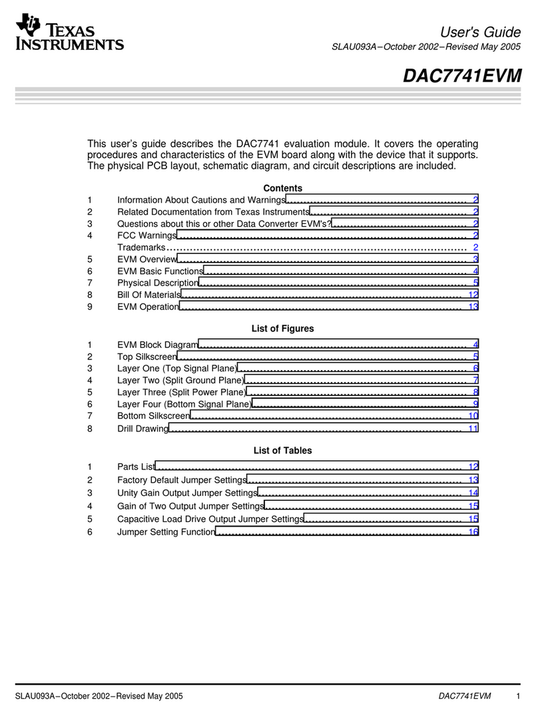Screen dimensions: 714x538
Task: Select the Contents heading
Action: (282, 188)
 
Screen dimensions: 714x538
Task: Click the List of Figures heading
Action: (282, 329)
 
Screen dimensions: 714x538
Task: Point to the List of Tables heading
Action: (282, 451)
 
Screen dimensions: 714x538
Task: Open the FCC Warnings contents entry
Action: (146, 235)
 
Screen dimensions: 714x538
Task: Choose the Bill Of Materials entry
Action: (148, 295)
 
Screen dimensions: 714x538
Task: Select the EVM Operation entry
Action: (148, 307)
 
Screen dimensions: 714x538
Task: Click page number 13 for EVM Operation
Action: (473, 307)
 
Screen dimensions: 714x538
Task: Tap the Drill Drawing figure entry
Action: (142, 429)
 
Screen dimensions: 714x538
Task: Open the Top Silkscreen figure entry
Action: (146, 357)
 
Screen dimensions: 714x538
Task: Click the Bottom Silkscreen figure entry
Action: (153, 416)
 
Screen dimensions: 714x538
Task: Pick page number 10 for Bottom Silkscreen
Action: (473, 416)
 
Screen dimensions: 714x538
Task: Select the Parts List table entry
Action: (136, 467)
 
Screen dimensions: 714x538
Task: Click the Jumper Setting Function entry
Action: (166, 532)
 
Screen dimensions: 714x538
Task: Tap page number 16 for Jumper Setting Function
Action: (473, 532)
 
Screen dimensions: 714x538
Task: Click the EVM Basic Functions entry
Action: (160, 271)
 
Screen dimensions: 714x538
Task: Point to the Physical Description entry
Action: (158, 283)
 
